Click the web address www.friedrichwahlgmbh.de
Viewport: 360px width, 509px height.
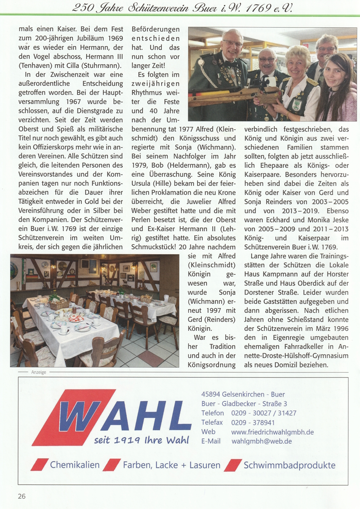272,431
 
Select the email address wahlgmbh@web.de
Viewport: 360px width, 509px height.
262,441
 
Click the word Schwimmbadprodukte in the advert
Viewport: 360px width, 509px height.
289,465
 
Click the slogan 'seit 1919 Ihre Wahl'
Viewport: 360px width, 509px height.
141,440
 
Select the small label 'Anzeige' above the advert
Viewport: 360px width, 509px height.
39,372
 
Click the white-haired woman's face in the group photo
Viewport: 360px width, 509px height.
297,63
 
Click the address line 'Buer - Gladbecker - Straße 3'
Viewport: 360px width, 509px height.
244,403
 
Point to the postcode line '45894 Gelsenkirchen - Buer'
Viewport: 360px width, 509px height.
243,394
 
